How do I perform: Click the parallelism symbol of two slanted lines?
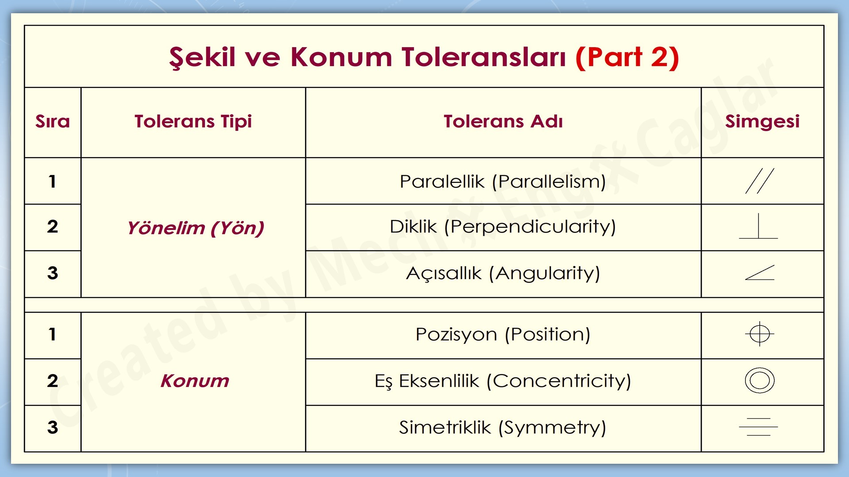tap(760, 181)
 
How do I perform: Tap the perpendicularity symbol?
tap(758, 227)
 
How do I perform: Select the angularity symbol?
tap(760, 273)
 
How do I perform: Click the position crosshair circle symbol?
tap(760, 334)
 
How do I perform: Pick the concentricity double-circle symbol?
tap(760, 380)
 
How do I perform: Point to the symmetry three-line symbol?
tap(758, 427)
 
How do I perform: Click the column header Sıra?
tap(53, 121)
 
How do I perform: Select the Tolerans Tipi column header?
tap(193, 121)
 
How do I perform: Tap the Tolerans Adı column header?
tap(503, 121)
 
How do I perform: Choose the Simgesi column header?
tap(762, 121)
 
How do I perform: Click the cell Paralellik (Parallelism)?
tap(503, 182)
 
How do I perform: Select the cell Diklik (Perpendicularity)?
tap(503, 227)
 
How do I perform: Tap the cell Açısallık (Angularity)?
tap(503, 273)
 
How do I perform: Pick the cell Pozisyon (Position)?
tap(503, 334)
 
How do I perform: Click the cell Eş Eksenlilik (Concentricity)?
tap(503, 381)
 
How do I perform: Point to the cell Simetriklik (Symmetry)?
tap(503, 428)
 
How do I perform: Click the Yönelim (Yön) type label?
tap(195, 228)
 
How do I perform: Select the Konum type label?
tap(195, 381)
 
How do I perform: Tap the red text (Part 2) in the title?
tap(627, 57)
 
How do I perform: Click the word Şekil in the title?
tap(202, 57)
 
